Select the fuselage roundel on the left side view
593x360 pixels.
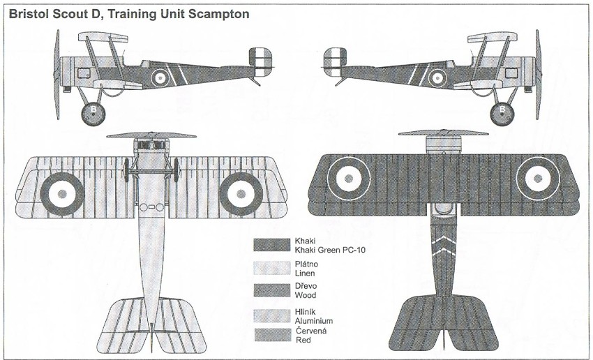[160, 77]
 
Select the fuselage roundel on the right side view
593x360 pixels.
[437, 77]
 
